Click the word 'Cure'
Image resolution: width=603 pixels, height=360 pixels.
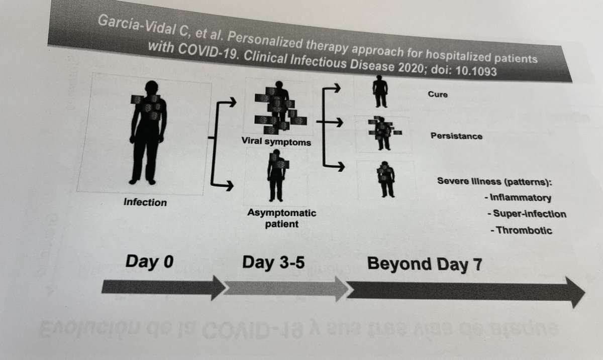437,95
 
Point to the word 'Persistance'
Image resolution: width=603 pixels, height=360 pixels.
456,136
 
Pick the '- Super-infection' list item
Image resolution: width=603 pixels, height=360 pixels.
526,214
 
